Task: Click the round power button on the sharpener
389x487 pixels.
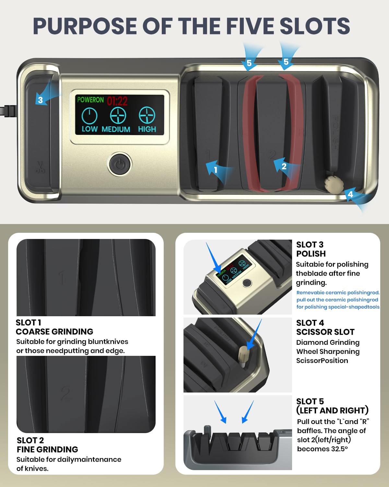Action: tap(120, 164)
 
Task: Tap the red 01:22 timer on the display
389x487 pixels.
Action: tap(117, 101)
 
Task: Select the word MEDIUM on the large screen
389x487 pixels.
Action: tap(116, 129)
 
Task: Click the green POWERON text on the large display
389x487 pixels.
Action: tap(90, 100)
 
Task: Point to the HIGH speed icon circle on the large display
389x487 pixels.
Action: tap(147, 115)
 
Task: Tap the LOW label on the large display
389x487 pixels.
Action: tap(89, 129)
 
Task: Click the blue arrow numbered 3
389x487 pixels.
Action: tap(46, 96)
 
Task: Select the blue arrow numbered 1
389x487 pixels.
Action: tap(218, 171)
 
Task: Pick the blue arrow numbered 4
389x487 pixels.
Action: tap(357, 198)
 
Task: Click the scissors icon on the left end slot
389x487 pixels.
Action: tap(41, 167)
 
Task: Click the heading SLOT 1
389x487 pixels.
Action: tap(28, 322)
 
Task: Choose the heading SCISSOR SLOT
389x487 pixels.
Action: tap(325, 332)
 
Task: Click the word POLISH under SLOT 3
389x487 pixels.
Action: tap(311, 254)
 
